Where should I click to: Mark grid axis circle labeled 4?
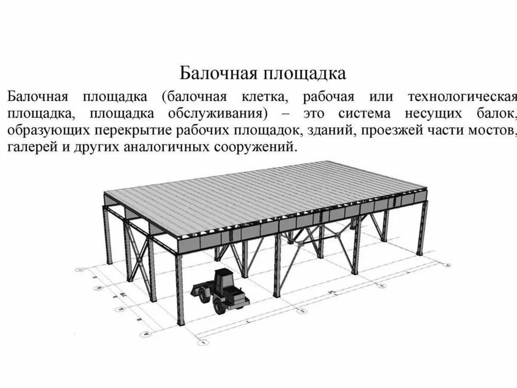point(447,264)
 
